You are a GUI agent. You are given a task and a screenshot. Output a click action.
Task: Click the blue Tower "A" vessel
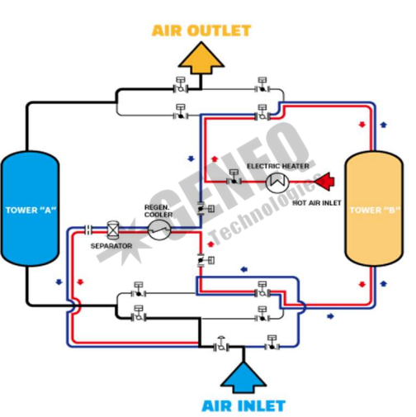click(30, 209)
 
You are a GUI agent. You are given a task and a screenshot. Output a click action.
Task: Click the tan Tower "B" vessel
click(374, 209)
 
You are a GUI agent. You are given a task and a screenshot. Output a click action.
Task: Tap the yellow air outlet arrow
click(201, 58)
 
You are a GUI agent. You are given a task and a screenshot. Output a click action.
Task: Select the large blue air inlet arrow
click(243, 377)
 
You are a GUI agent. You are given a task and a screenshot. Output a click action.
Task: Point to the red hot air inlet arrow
click(324, 182)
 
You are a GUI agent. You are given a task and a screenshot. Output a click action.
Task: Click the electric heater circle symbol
click(277, 182)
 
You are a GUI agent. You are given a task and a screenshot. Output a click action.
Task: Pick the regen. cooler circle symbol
click(159, 230)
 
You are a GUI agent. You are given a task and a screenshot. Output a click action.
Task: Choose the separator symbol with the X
click(112, 230)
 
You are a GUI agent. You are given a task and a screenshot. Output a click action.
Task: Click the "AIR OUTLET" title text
click(201, 31)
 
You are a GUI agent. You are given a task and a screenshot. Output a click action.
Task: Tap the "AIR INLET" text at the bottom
click(243, 406)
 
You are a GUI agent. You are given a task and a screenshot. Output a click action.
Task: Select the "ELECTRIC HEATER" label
click(278, 166)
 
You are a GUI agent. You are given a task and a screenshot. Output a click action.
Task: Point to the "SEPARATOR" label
click(111, 246)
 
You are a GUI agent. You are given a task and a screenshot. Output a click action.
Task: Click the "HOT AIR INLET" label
click(317, 203)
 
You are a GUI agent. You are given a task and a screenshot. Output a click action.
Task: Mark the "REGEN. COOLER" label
click(158, 211)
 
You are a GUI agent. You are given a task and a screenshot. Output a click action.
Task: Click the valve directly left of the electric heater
click(234, 178)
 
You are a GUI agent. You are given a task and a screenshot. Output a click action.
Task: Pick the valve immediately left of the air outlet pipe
click(181, 85)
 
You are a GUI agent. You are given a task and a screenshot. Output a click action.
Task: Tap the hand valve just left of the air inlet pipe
click(221, 344)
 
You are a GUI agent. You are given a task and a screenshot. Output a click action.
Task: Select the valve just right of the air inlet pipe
click(272, 343)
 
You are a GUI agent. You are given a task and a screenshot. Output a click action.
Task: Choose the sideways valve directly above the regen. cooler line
click(206, 209)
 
